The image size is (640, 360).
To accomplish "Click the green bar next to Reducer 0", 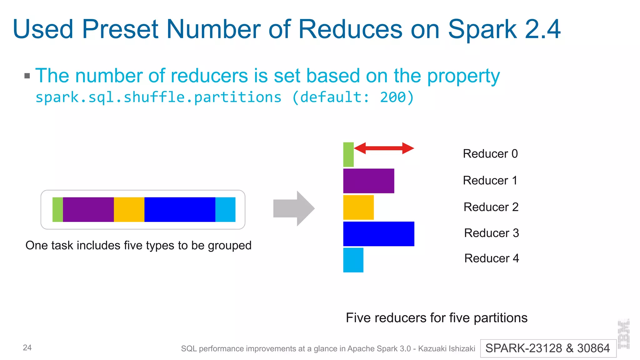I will (x=348, y=154).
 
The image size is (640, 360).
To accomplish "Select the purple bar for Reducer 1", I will (x=368, y=181).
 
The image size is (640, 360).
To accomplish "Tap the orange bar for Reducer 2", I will (x=358, y=207).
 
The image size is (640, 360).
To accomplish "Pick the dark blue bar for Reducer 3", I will (x=378, y=234).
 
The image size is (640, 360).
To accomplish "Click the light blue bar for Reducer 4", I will (x=353, y=260).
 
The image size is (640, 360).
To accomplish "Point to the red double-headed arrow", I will (x=384, y=148).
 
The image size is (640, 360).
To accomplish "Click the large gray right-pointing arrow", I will (x=293, y=208).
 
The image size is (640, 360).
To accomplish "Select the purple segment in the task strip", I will (x=88, y=209).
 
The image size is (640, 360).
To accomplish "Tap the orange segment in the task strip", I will (x=129, y=209).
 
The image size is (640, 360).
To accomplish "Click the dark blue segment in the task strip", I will (x=180, y=209).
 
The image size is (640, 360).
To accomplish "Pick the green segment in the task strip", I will (x=57, y=209).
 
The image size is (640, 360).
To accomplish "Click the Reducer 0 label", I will (x=490, y=154).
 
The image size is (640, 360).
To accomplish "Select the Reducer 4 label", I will (x=491, y=258).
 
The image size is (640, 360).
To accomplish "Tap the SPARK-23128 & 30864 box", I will (x=548, y=348).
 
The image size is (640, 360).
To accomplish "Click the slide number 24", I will (x=27, y=347).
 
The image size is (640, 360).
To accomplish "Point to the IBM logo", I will (x=623, y=334).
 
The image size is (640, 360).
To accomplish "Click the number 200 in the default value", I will (x=393, y=97).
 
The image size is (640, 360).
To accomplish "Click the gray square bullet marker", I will (x=27, y=76).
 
